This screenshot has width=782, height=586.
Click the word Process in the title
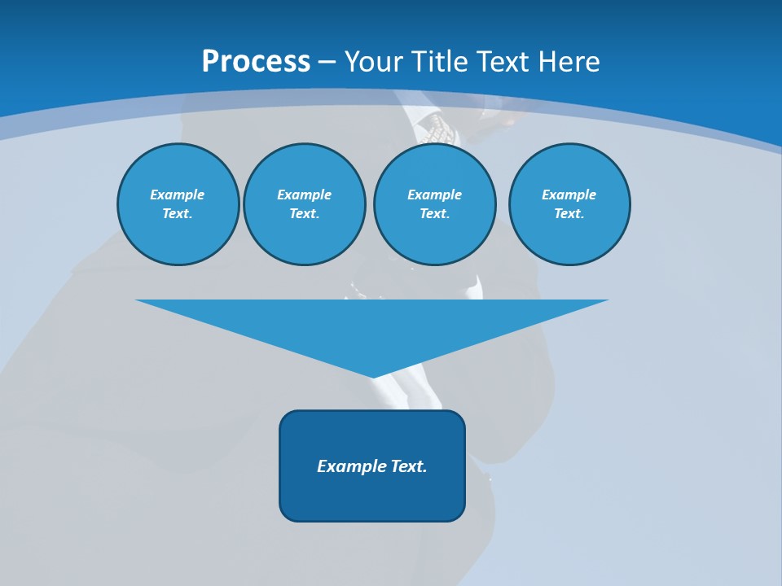(256, 62)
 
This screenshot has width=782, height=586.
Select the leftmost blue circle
(178, 204)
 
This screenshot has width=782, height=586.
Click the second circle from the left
(305, 204)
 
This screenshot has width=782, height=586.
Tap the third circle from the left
(434, 204)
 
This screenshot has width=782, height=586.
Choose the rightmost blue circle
(569, 204)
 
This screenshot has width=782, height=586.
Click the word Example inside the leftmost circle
(178, 195)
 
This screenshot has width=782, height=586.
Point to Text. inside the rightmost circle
(569, 214)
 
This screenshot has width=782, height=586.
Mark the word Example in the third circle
(434, 195)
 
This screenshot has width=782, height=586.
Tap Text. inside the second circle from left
(304, 214)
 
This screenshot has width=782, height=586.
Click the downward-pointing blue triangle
(372, 326)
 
